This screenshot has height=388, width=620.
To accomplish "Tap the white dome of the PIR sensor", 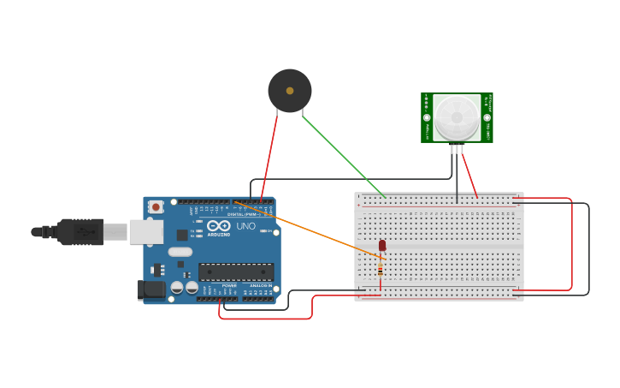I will (x=456, y=117).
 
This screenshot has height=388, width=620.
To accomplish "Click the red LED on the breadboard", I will (x=382, y=246).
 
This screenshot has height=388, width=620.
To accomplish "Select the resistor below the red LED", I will (x=381, y=269).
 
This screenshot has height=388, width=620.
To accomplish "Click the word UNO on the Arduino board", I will (x=245, y=226).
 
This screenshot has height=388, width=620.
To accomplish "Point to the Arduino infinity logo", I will (x=218, y=225).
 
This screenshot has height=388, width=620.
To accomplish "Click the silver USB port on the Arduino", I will (x=146, y=231).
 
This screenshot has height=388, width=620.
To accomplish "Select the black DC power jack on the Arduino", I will (x=152, y=290).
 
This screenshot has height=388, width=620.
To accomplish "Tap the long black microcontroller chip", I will (x=236, y=272).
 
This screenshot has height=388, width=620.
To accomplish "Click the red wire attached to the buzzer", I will (x=269, y=158).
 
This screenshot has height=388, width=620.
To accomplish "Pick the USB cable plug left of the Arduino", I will (x=81, y=231).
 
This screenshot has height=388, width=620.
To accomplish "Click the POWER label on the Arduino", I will (x=229, y=286).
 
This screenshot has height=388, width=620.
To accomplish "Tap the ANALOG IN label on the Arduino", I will (x=260, y=286).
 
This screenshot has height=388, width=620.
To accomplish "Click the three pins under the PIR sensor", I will (x=457, y=149).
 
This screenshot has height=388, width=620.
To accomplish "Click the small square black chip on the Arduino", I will (x=182, y=235).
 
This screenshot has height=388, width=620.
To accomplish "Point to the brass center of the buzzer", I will (x=290, y=91).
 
